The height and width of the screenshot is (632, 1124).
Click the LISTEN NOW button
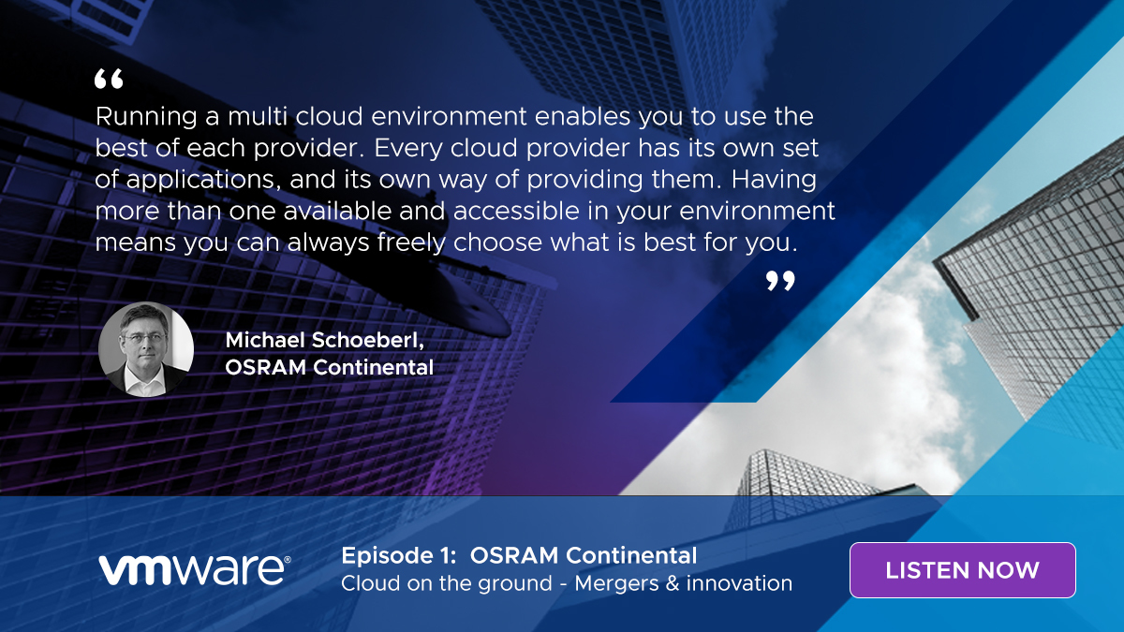click(963, 570)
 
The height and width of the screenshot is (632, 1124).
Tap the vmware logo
click(194, 570)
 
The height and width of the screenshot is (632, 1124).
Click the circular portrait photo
click(146, 349)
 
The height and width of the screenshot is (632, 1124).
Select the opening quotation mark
click(109, 79)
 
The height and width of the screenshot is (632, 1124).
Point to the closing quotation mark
click(780, 281)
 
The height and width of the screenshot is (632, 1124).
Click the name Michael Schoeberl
click(325, 340)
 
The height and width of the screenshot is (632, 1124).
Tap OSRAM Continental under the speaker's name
click(329, 367)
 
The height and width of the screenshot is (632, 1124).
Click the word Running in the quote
click(146, 118)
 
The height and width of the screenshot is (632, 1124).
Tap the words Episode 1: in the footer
click(399, 556)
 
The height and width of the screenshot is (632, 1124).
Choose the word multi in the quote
click(258, 116)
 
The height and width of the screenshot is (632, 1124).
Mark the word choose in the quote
click(497, 243)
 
